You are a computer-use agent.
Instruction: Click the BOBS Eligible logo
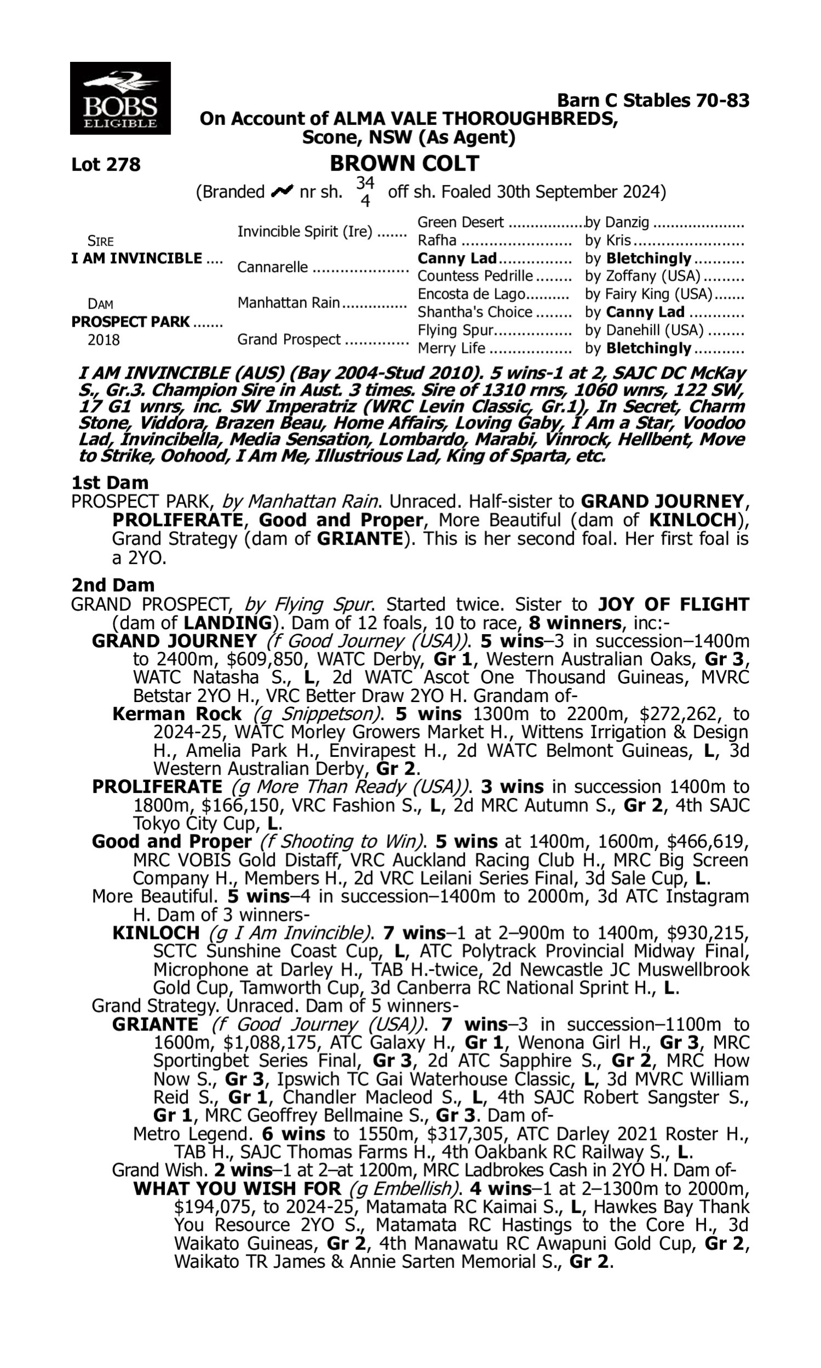120,98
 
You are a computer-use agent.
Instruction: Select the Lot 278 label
106,165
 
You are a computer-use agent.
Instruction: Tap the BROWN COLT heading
404,164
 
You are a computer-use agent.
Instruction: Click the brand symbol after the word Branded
281,192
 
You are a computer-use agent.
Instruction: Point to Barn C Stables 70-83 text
653,101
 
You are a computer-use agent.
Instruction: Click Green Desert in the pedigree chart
460,222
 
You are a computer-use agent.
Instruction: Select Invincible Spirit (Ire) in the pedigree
305,231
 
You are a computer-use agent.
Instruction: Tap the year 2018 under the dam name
103,339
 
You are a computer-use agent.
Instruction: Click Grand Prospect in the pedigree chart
289,339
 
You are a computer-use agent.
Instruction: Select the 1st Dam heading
109,483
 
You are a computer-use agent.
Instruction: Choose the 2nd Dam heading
113,585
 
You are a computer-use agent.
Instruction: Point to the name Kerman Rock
177,714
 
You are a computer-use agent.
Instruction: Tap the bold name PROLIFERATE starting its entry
157,786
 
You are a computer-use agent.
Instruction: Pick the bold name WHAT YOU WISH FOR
238,1189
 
